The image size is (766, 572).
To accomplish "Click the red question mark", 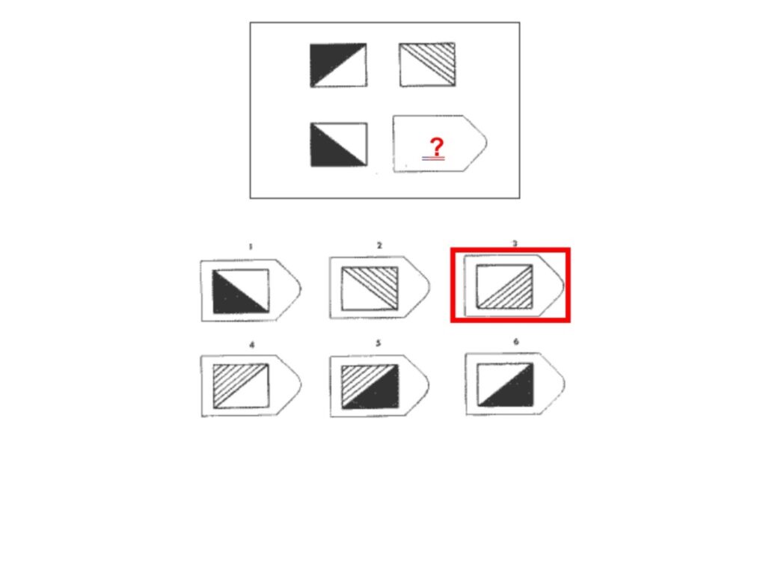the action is [437, 147].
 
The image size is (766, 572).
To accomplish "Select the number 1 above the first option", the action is [251, 246].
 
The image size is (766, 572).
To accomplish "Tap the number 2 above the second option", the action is [379, 245].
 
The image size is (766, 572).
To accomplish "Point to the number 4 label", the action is [251, 345].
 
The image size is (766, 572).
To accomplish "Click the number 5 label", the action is [378, 343].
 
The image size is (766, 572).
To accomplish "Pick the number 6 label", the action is [516, 342].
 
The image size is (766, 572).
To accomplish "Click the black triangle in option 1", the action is [232, 298].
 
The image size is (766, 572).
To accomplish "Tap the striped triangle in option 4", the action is [232, 378].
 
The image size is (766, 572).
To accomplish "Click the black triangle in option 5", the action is [380, 393].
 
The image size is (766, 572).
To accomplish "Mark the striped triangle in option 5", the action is [360, 379].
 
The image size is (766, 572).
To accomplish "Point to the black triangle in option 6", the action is [515, 391].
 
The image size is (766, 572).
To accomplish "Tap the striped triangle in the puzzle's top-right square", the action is [437, 58].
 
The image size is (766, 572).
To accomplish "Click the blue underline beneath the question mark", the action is [433, 159].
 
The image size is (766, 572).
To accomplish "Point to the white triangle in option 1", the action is [250, 284].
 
